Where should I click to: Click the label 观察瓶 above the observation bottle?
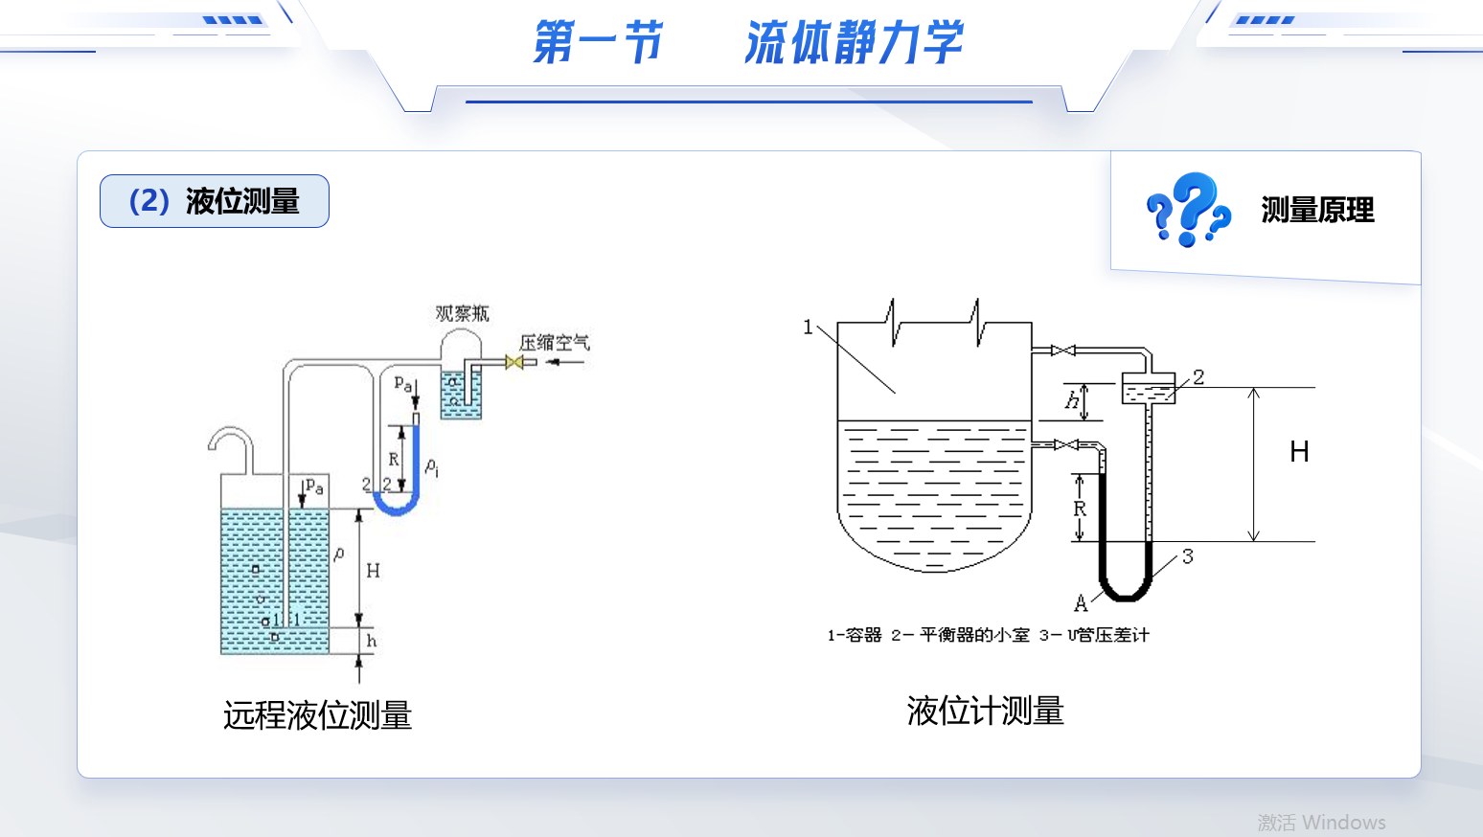[x=462, y=314]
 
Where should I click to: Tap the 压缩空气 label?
[x=554, y=343]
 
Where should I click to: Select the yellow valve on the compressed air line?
[x=514, y=362]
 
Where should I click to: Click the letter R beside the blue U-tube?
[x=393, y=460]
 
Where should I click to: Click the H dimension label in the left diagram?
[x=373, y=571]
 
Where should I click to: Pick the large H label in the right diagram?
[x=1299, y=452]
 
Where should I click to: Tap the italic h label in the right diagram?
[x=1071, y=401]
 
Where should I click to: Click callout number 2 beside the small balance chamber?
[x=1198, y=377]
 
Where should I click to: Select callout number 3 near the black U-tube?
[x=1188, y=556]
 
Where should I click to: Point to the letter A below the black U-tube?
[x=1081, y=603]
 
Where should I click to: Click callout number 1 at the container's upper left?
[x=808, y=328]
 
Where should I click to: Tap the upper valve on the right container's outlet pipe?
[x=1063, y=351]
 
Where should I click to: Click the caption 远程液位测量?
[x=317, y=715]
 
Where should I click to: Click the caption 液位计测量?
[x=985, y=712]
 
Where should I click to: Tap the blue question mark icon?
[x=1188, y=209]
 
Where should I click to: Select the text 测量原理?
[x=1317, y=210]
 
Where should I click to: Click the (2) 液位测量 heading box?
[x=215, y=201]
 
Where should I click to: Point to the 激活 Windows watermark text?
[x=1321, y=823]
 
